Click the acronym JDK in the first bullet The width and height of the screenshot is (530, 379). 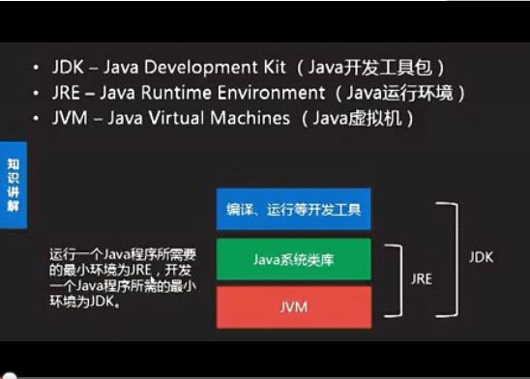(70, 69)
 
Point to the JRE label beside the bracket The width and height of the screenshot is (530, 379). (421, 277)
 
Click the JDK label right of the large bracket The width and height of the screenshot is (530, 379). (481, 258)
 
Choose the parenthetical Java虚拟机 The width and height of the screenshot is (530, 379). (357, 119)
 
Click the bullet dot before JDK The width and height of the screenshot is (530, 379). (37, 69)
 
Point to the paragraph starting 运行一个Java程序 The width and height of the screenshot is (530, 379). (125, 277)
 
